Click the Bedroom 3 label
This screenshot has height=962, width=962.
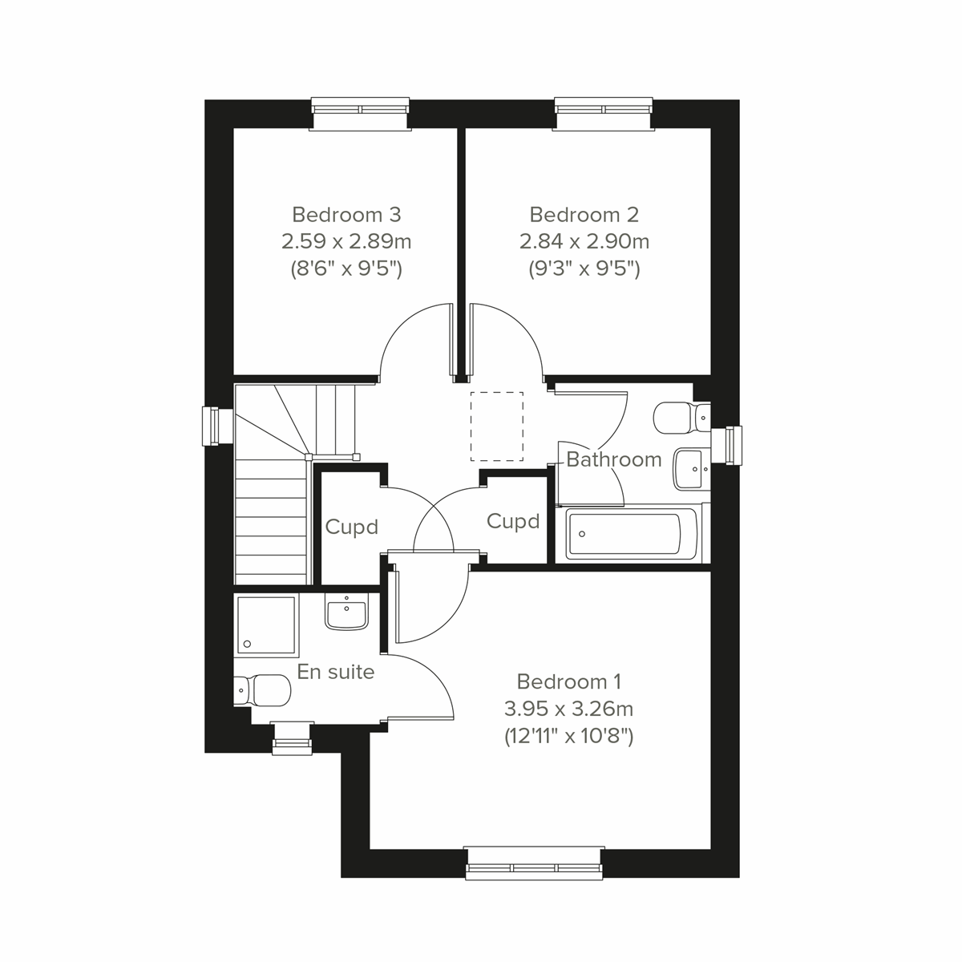coord(346,215)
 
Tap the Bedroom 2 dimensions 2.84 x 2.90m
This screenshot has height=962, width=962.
coord(584,241)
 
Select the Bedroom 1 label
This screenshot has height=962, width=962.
coord(569,682)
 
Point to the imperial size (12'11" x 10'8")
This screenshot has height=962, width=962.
coord(569,736)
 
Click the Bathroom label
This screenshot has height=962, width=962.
coord(614,459)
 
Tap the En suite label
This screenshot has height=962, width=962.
coord(336,672)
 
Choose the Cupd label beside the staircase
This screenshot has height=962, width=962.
coord(351,527)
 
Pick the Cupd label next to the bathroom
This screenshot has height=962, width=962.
coord(513,522)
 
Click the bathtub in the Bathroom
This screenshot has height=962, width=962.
coord(625,534)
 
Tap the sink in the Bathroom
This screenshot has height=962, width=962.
coord(690,468)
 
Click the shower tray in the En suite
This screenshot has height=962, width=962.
coord(265,623)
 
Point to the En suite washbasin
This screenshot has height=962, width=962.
coord(346,612)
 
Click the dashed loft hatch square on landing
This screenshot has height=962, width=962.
coord(496,426)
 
